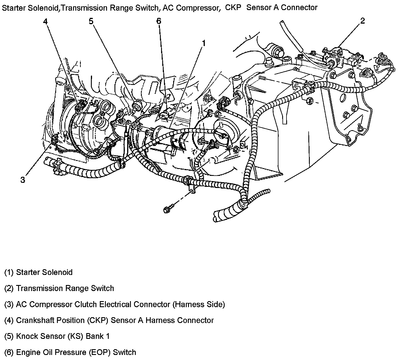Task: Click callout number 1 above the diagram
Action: point(204,43)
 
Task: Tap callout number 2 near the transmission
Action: point(362,21)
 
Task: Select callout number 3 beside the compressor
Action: point(23,180)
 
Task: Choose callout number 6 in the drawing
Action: point(159,21)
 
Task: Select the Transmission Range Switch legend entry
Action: point(59,288)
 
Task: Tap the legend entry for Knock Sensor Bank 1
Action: point(57,336)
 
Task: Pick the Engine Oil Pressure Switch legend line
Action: point(70,352)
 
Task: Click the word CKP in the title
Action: point(233,7)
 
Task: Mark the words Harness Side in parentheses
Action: point(198,304)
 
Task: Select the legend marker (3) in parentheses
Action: point(9,304)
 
